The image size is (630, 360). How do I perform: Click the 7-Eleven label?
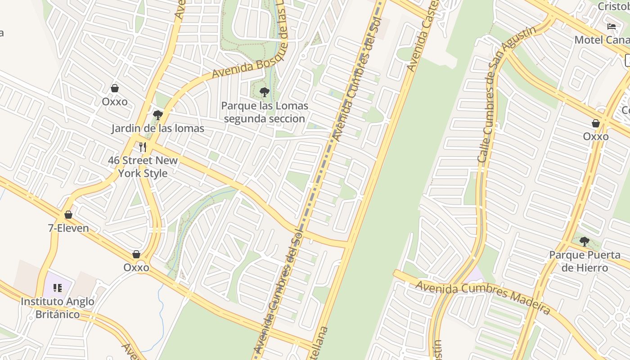[68, 228]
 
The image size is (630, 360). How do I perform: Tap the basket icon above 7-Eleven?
[68, 215]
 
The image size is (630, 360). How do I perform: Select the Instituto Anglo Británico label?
[58, 308]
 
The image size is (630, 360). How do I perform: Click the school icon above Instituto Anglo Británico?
[58, 288]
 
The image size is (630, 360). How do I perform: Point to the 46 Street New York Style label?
[143, 166]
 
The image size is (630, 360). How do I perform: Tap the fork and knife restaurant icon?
[143, 147]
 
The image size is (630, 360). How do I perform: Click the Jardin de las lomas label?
[157, 128]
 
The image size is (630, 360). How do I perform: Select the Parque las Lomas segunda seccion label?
[265, 112]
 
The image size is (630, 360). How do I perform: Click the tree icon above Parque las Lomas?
[265, 93]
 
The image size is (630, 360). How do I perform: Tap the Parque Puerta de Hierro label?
[585, 261]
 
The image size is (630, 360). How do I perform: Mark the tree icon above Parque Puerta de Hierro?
[585, 242]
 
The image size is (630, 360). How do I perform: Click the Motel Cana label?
[602, 40]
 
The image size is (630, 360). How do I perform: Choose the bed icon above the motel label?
[611, 27]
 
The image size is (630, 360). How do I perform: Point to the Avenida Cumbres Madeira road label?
[482, 297]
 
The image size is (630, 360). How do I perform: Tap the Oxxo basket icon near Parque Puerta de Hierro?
[596, 123]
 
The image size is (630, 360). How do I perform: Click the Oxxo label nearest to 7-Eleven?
[136, 267]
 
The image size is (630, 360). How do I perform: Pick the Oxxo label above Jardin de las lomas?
[115, 101]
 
